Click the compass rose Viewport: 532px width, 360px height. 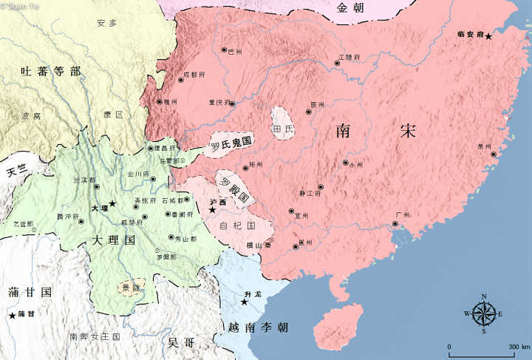coord(483,314)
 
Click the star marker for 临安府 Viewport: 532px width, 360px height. coord(488,36)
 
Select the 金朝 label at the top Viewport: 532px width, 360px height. coord(350,9)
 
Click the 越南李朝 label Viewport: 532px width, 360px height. coord(259,327)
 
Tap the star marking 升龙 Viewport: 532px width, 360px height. coord(244,302)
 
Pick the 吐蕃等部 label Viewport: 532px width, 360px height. coord(50,72)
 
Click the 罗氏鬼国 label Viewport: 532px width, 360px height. coord(231,143)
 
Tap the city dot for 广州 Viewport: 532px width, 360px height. coord(395,223)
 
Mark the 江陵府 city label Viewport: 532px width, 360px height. coord(349,56)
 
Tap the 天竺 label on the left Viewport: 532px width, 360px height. coord(16,171)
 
